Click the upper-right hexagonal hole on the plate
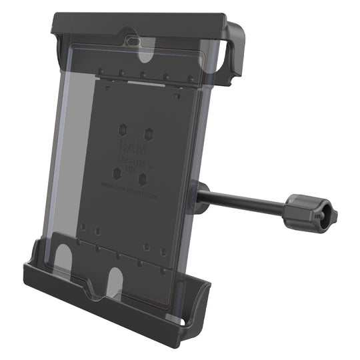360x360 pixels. tap(149, 132)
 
